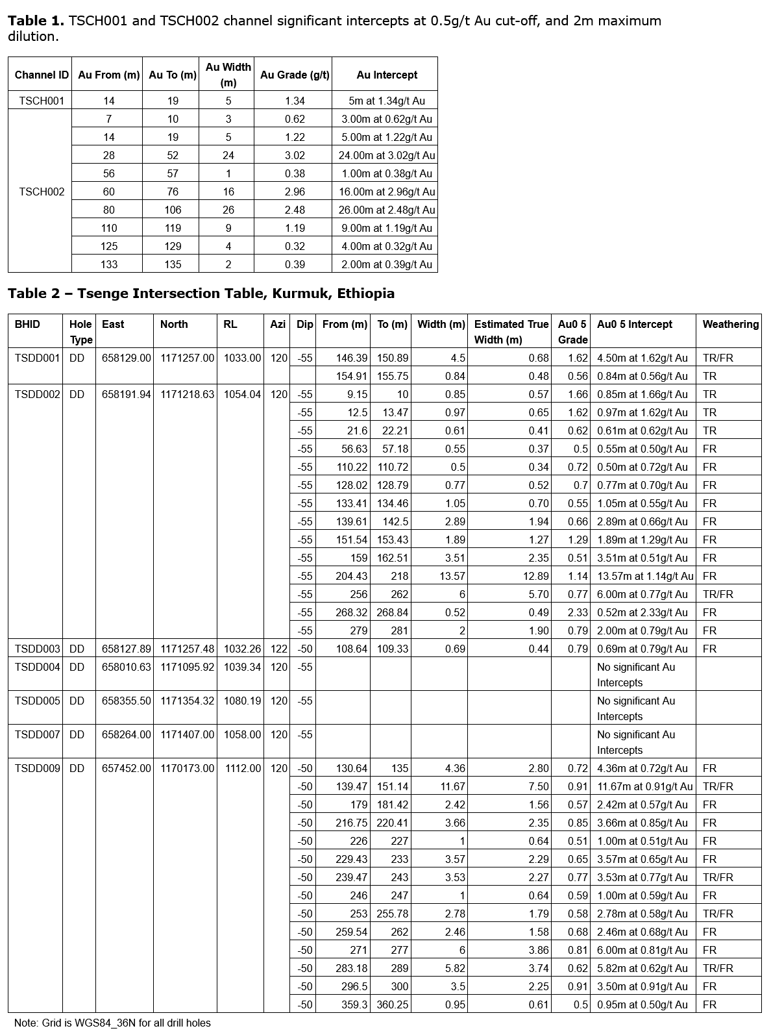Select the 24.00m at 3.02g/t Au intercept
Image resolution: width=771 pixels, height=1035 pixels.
pyautogui.click(x=387, y=155)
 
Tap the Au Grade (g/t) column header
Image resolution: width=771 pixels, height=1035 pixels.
pyautogui.click(x=295, y=75)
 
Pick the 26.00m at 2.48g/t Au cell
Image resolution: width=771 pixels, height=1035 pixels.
pyautogui.click(x=387, y=210)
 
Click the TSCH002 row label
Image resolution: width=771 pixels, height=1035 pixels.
pyautogui.click(x=42, y=192)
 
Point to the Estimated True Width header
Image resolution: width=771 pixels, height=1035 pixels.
pyautogui.click(x=511, y=331)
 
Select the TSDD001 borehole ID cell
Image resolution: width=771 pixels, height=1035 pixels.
pyautogui.click(x=37, y=358)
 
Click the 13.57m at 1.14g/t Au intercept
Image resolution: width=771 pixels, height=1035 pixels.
pyautogui.click(x=645, y=576)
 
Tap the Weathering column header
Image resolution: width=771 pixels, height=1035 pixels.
pyautogui.click(x=730, y=324)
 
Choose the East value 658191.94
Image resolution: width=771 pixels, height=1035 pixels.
pyautogui.click(x=126, y=394)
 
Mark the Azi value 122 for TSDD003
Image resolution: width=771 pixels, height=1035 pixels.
pyautogui.click(x=279, y=649)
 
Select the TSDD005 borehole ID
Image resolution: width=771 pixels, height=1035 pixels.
pyautogui.click(x=37, y=701)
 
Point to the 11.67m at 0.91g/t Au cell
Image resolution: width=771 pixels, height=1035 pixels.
pyautogui.click(x=645, y=786)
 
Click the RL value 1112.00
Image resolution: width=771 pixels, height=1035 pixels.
pyautogui.click(x=243, y=768)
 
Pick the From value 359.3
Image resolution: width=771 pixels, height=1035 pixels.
pyautogui.click(x=352, y=1004)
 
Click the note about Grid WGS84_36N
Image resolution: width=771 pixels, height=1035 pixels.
pyautogui.click(x=112, y=1023)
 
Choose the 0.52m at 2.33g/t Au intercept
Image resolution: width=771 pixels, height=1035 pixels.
pyautogui.click(x=642, y=612)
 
